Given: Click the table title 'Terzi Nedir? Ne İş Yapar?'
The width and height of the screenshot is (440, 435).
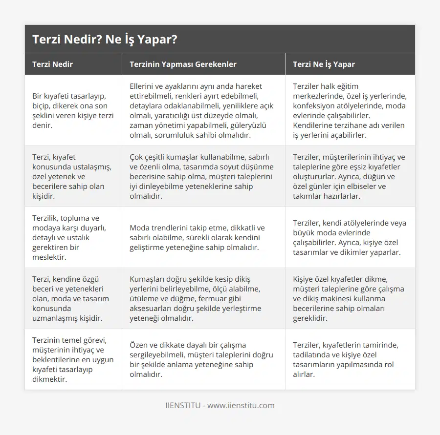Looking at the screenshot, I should pos(105,40).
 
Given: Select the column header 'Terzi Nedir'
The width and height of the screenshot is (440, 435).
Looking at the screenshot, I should pos(53,64).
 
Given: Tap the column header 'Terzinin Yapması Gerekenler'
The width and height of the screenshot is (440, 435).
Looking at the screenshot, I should pos(183,64).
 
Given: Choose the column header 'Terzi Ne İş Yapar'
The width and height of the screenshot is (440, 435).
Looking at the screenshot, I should pos(324,64).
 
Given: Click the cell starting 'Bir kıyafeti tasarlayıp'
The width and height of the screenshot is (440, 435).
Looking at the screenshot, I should pos(72,111).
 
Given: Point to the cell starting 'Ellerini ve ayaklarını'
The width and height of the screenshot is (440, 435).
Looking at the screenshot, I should pos(202,111).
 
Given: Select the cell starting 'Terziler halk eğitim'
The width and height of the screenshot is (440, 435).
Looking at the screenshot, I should pos(349,111).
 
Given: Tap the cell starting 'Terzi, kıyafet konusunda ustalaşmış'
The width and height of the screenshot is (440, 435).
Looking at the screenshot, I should pos(72,176).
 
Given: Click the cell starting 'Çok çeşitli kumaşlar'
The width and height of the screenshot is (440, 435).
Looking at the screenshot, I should pos(202,176).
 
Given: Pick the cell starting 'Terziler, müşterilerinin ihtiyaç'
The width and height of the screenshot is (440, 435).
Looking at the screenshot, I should pos(349,176).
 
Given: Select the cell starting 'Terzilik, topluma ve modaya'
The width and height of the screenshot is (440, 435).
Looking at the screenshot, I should pos(72,237).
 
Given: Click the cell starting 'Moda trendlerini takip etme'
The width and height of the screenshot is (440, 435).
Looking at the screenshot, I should pos(202,237).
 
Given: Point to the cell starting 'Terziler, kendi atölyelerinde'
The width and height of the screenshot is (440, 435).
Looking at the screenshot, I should pos(349,237).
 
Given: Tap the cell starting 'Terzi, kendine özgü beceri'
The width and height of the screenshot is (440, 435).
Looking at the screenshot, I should pos(72,298).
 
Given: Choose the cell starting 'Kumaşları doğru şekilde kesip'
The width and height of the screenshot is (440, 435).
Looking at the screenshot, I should pos(202,298).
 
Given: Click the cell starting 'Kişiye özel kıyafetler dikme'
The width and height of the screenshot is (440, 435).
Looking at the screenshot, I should pos(349,298).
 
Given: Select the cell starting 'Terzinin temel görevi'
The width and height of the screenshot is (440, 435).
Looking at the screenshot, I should pos(72,359).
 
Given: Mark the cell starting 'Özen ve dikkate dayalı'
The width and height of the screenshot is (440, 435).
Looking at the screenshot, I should pos(202,359).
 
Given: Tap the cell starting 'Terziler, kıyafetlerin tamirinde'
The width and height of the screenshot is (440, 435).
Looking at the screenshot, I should pos(349,359).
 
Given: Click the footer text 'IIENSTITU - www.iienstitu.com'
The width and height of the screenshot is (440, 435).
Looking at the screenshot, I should pos(220,405).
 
